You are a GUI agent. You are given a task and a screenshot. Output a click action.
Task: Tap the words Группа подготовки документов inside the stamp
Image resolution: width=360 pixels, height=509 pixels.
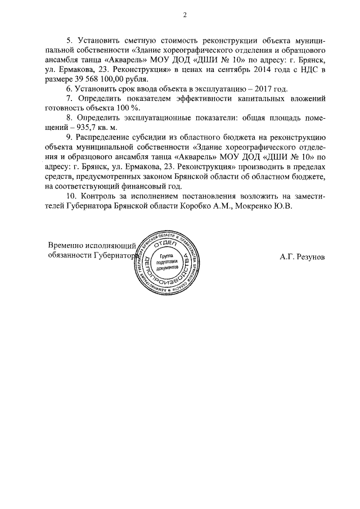(x=168, y=262)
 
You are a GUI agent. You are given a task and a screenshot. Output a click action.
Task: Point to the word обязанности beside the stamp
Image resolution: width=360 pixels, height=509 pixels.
(x=70, y=256)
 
